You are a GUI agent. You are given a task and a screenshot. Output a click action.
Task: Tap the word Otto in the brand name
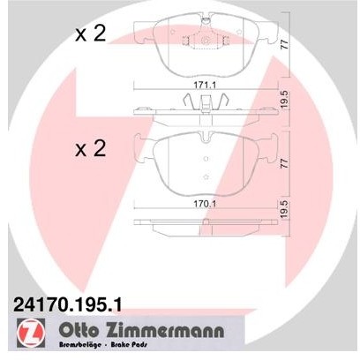[79, 330]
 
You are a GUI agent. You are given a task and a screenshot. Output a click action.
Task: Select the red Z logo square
[31, 333]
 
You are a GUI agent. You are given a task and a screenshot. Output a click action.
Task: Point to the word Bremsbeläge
[80, 345]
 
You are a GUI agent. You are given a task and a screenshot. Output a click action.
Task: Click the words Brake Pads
[129, 345]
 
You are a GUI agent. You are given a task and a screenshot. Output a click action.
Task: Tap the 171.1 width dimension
[205, 86]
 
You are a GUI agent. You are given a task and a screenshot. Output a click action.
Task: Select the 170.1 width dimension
[205, 204]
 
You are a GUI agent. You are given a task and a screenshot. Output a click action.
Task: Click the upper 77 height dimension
[285, 44]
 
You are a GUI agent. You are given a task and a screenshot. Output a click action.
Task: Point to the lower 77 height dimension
[285, 162]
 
